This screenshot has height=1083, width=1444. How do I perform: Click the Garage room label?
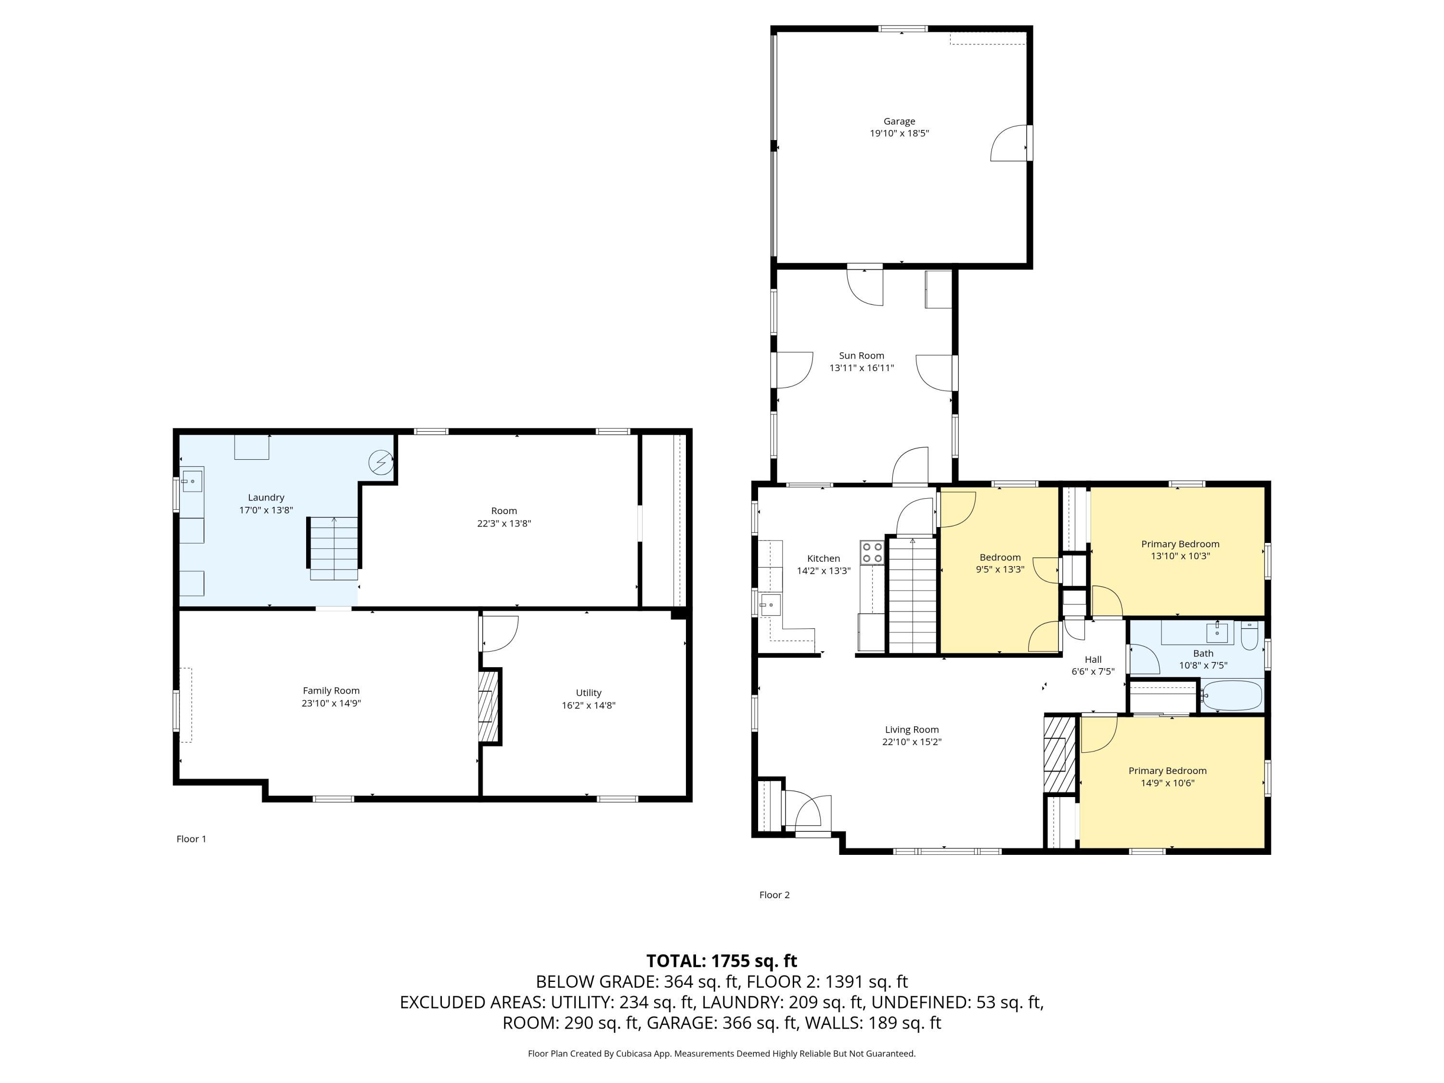899,121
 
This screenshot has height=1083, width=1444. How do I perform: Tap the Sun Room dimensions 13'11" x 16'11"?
861,368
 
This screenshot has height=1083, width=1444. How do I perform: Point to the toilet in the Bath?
1249,636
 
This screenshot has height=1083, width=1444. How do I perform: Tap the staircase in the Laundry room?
334,548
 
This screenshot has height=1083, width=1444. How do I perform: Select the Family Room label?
331,691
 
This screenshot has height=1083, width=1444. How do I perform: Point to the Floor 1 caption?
191,839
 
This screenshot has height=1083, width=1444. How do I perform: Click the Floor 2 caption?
774,895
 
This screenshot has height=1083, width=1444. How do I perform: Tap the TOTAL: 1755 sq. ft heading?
722,961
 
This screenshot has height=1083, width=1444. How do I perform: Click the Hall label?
1093,659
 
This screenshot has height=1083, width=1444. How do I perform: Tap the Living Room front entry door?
808,813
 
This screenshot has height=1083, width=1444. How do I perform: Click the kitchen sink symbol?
770,605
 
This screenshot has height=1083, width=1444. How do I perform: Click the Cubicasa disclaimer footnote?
722,1054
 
